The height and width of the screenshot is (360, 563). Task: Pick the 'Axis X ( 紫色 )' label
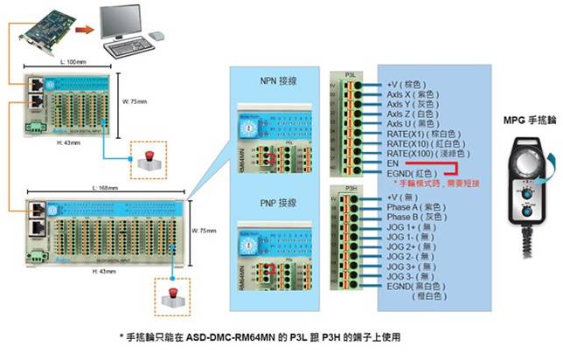point(418,93)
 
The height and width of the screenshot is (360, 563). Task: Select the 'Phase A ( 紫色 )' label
point(421,208)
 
